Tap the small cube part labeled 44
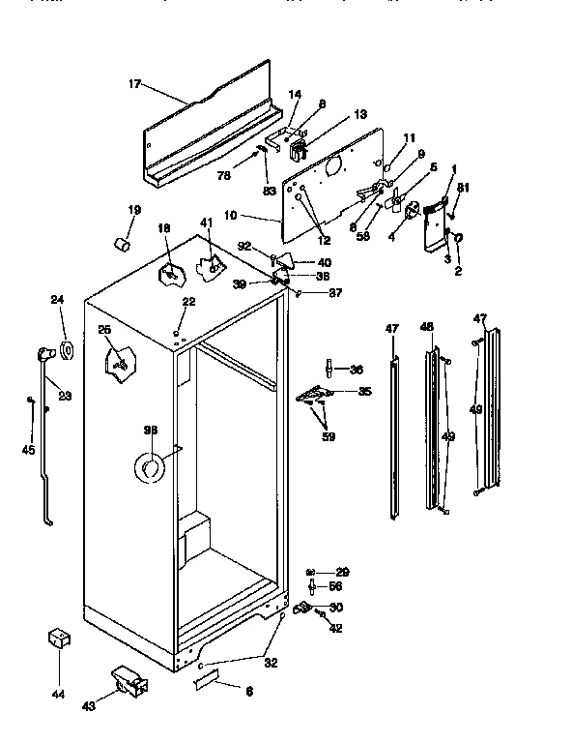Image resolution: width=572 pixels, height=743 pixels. [x=60, y=639]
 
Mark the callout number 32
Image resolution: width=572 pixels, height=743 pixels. [x=270, y=664]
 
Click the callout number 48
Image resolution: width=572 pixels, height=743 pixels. [x=427, y=328]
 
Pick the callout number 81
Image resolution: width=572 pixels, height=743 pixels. [x=463, y=188]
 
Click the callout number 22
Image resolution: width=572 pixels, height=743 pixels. [x=188, y=303]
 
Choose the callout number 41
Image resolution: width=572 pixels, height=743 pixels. [x=206, y=223]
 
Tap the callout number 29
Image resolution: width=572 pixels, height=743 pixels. [x=341, y=572]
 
